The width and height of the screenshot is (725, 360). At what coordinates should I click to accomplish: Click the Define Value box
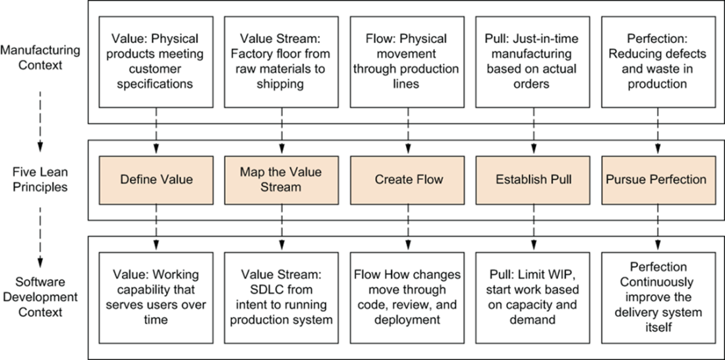[156, 180]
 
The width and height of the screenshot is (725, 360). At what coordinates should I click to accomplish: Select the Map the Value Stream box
[281, 180]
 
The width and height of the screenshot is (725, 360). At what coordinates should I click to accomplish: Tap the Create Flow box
[407, 180]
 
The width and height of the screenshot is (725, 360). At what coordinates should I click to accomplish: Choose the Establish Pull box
[533, 180]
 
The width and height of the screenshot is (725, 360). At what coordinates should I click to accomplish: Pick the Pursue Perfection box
[658, 180]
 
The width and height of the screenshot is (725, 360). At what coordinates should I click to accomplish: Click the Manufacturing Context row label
[40, 57]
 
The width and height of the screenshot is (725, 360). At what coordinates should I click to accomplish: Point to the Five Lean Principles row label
[40, 180]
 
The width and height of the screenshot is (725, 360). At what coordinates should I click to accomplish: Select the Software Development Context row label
[40, 297]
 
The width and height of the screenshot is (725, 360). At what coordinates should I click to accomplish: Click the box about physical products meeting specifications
[156, 62]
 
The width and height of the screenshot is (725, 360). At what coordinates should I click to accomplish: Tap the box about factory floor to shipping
[281, 62]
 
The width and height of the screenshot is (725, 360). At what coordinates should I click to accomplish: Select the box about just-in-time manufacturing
[533, 62]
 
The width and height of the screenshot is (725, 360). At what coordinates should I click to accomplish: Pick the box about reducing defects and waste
[658, 62]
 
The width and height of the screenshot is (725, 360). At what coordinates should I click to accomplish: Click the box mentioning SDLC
[281, 298]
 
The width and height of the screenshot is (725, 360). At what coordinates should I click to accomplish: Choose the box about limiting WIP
[533, 298]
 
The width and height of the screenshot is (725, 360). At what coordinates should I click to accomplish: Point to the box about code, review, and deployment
[407, 298]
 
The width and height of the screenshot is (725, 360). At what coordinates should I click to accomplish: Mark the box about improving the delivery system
[658, 298]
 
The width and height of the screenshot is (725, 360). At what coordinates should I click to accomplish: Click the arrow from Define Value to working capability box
[156, 228]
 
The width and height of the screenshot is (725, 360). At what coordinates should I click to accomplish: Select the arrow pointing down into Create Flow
[407, 131]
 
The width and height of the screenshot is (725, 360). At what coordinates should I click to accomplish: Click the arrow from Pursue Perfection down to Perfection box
[658, 228]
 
